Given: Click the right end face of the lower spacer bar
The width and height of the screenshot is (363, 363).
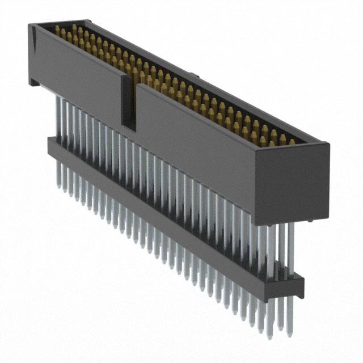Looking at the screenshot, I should click(x=299, y=286).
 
